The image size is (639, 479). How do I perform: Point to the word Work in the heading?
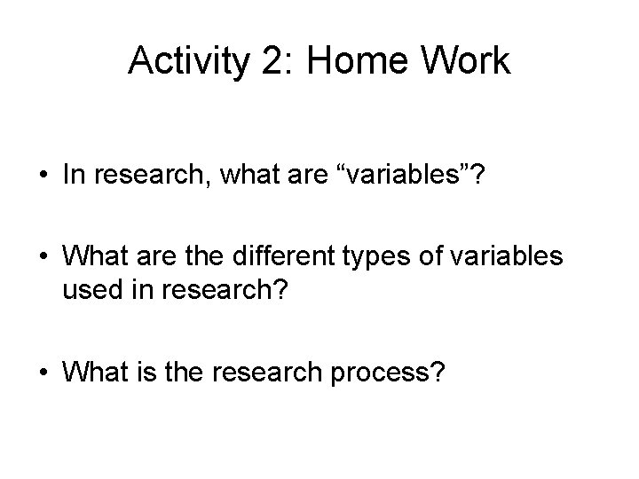(x=469, y=61)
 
